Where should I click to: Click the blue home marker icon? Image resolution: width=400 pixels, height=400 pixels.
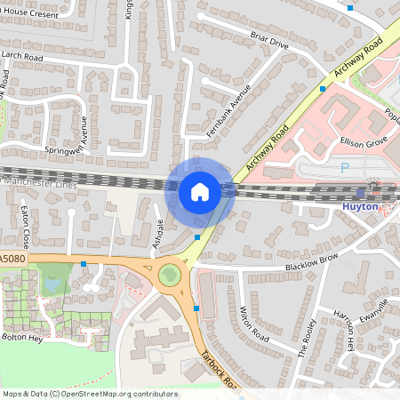(x=200, y=191)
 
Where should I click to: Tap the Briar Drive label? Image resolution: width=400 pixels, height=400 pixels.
(x=269, y=42)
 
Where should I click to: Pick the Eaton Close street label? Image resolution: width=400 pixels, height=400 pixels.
(x=27, y=227)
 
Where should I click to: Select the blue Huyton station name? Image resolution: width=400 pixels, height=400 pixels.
(x=360, y=207)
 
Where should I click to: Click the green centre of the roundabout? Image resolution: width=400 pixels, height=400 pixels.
(x=169, y=276)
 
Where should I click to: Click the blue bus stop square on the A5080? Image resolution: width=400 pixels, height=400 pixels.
(x=84, y=263)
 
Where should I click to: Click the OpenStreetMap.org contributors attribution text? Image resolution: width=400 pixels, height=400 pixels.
(x=116, y=393)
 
